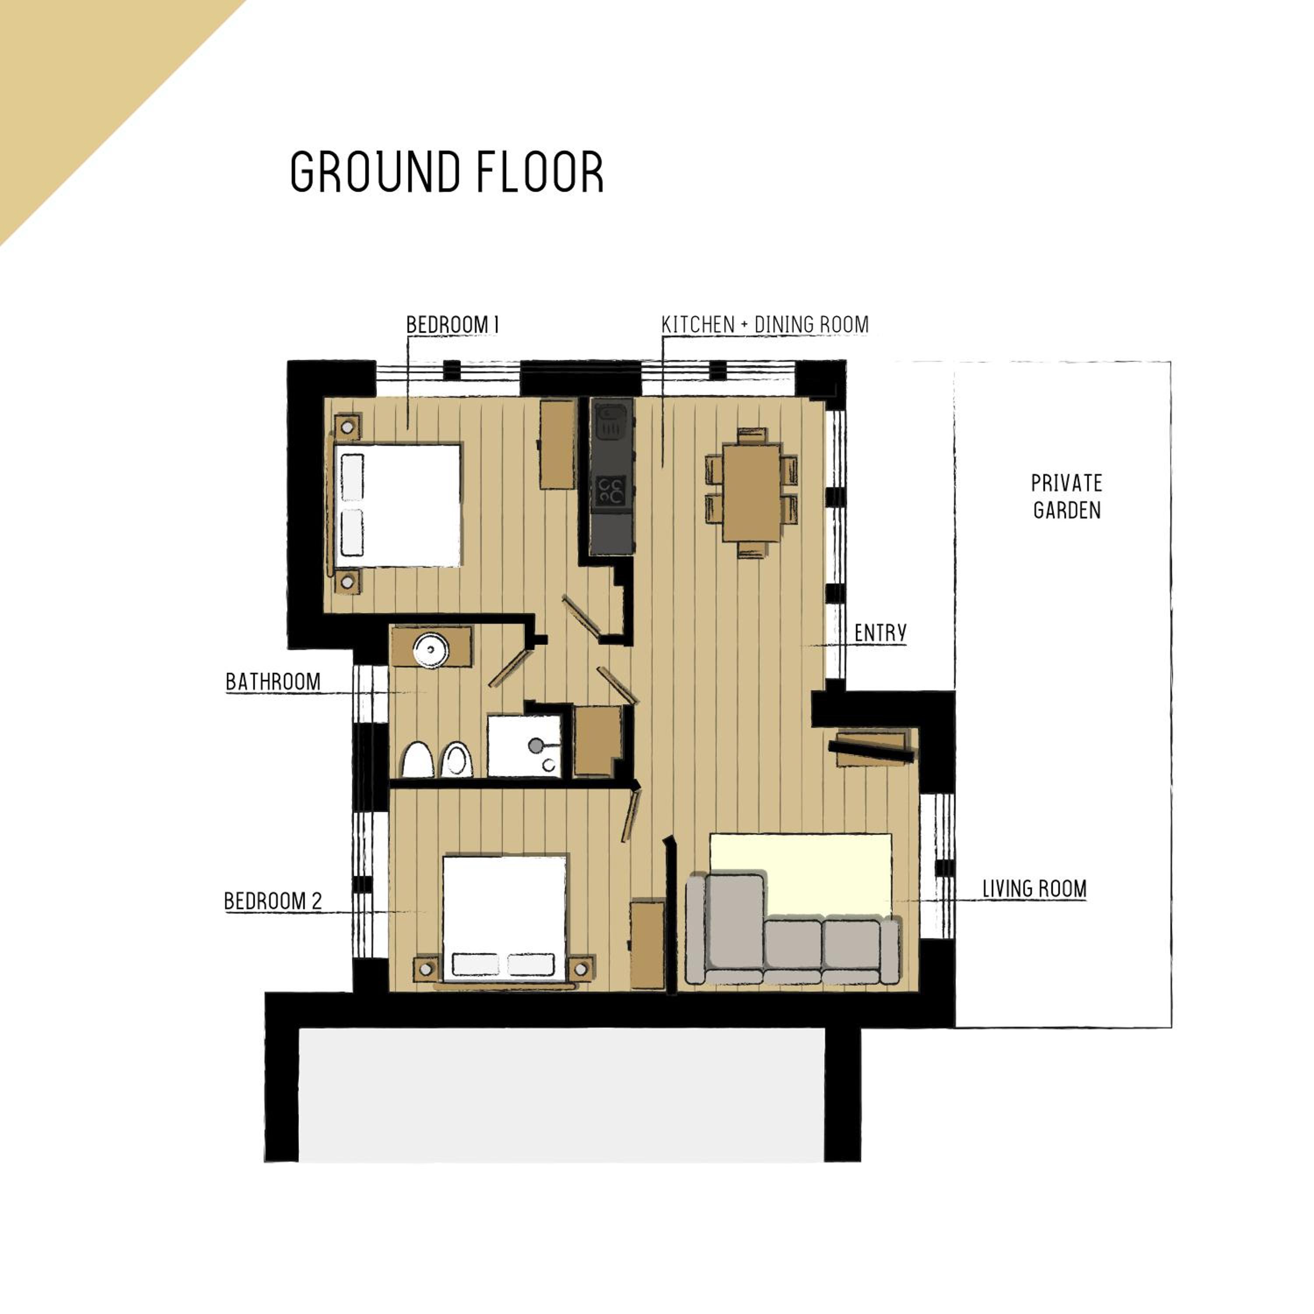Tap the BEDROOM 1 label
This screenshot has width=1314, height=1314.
[453, 325]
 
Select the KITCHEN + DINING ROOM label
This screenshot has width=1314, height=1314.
[765, 325]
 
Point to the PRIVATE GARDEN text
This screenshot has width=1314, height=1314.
[1067, 497]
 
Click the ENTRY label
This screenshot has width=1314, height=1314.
[880, 633]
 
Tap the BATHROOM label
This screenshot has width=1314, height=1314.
[273, 682]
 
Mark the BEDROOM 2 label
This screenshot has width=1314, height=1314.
[273, 901]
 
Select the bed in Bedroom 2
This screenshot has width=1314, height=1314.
[505, 918]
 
